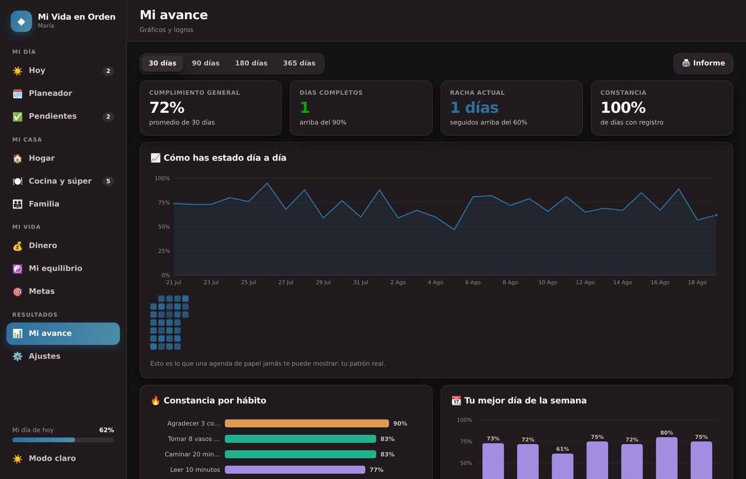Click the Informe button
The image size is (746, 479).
click(x=703, y=63)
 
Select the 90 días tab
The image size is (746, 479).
click(x=205, y=63)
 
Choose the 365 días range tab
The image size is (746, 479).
click(x=299, y=63)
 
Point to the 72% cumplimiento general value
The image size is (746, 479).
click(x=167, y=107)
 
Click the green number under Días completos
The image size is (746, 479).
click(x=305, y=107)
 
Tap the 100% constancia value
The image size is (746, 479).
click(x=623, y=107)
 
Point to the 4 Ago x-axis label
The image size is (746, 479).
click(x=435, y=282)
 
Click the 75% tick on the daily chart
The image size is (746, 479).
click(x=164, y=203)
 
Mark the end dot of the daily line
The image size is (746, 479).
click(x=716, y=215)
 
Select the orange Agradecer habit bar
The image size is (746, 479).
click(x=307, y=423)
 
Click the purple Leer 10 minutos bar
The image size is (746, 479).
click(x=295, y=470)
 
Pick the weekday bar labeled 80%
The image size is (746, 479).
click(x=666, y=458)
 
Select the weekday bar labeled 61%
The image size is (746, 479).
click(x=562, y=467)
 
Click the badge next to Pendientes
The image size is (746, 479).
click(x=108, y=117)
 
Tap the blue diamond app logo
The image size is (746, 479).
click(x=21, y=22)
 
